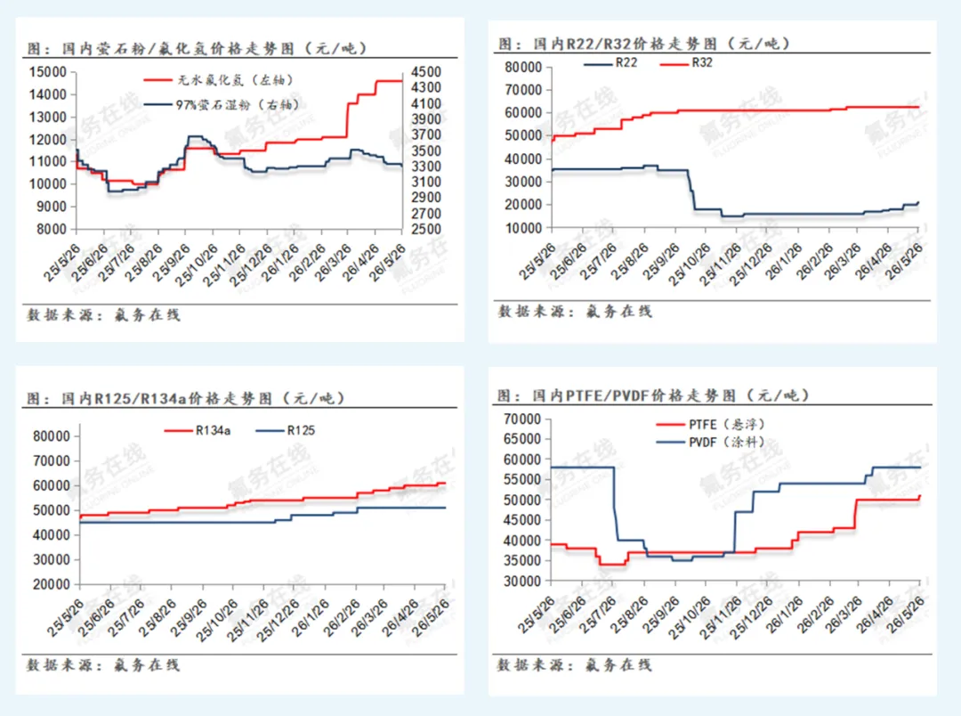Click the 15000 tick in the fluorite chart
(48, 72)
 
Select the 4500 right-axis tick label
(426, 72)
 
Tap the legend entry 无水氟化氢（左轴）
(219, 80)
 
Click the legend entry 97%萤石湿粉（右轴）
(222, 105)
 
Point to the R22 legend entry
(610, 62)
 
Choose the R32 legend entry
(686, 62)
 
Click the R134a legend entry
(198, 431)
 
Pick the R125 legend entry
(285, 431)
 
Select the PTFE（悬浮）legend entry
(710, 425)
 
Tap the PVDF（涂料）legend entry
(710, 442)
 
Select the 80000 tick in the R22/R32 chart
(523, 67)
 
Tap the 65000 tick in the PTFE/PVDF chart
(522, 439)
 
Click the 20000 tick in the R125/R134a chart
(52, 585)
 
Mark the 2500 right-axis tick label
(426, 230)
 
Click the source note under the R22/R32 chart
(575, 312)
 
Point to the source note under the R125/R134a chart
(103, 665)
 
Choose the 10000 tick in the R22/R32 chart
(523, 228)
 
